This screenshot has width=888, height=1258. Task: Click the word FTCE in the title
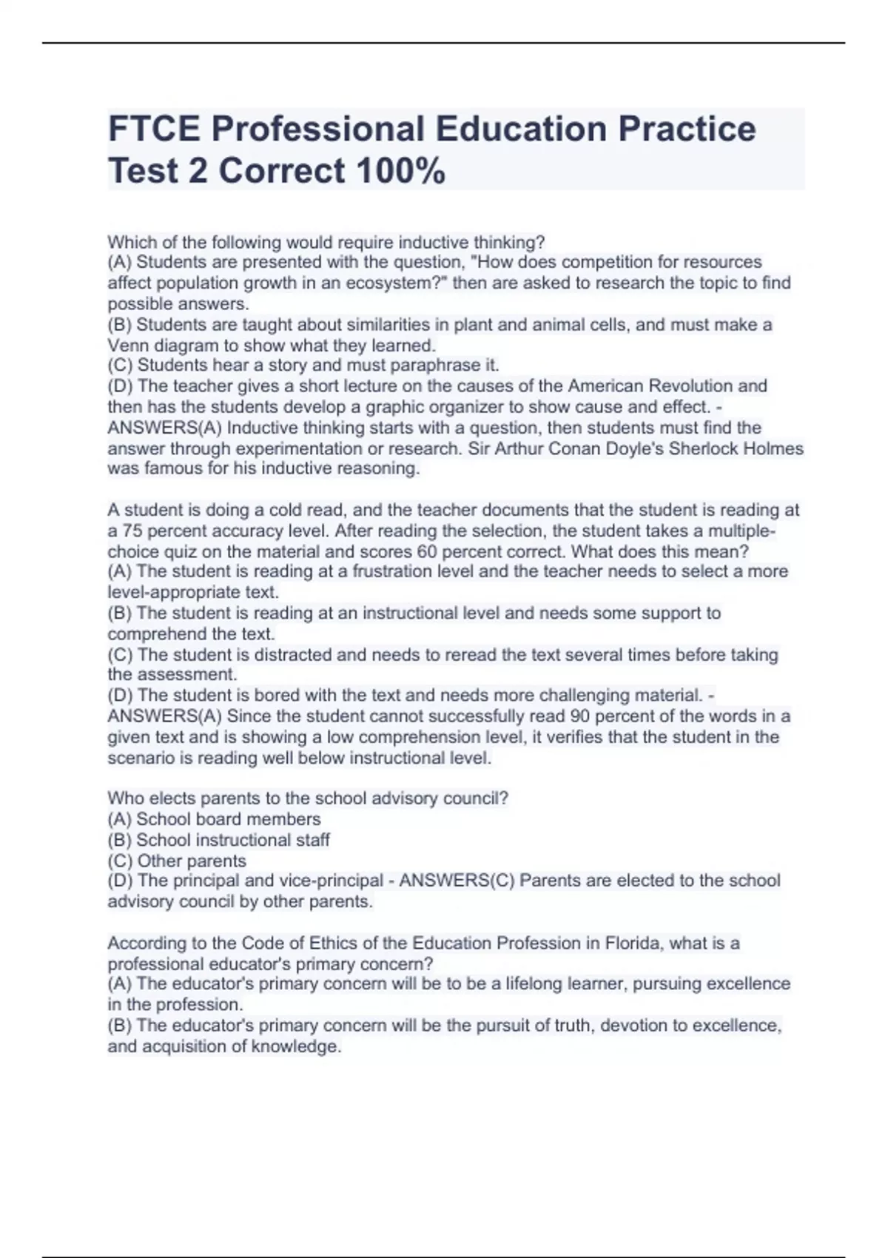tap(153, 129)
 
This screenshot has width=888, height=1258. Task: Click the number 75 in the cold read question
tap(132, 531)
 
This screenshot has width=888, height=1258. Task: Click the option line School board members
tap(214, 819)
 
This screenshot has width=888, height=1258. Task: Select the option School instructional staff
tap(218, 840)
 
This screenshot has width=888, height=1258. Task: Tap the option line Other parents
tap(177, 861)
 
